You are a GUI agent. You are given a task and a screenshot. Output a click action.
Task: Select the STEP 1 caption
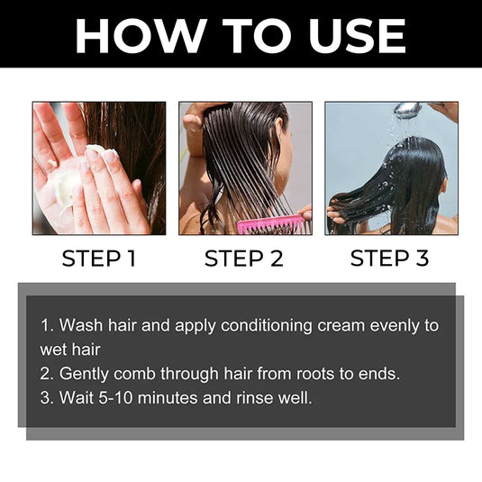coord(98,259)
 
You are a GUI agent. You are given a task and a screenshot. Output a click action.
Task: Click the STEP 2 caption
coord(243,259)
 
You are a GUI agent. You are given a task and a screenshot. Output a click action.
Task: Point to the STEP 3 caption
coord(389,259)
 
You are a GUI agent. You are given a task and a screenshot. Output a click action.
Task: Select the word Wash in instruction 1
coord(78,325)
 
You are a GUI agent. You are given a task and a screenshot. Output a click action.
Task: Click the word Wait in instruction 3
coord(76,396)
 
